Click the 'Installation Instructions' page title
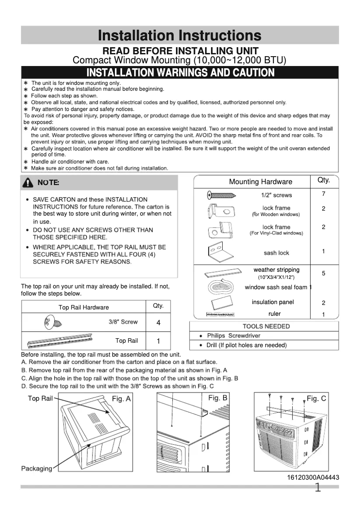pyautogui.click(x=180, y=35)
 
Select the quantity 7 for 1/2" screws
pyautogui.click(x=323, y=194)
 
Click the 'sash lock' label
pyautogui.click(x=276, y=253)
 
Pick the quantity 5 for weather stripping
pyautogui.click(x=323, y=273)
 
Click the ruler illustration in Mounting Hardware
pyautogui.click(x=220, y=314)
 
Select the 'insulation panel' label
pyautogui.click(x=272, y=302)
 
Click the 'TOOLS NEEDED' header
pyautogui.click(x=266, y=326)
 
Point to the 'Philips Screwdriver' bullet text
pyautogui.click(x=233, y=336)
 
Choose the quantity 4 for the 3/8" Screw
pyautogui.click(x=158, y=323)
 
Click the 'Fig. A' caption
pyautogui.click(x=121, y=399)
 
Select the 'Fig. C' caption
pyautogui.click(x=316, y=398)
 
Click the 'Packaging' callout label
pyautogui.click(x=36, y=468)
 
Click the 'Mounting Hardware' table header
pyautogui.click(x=260, y=182)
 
